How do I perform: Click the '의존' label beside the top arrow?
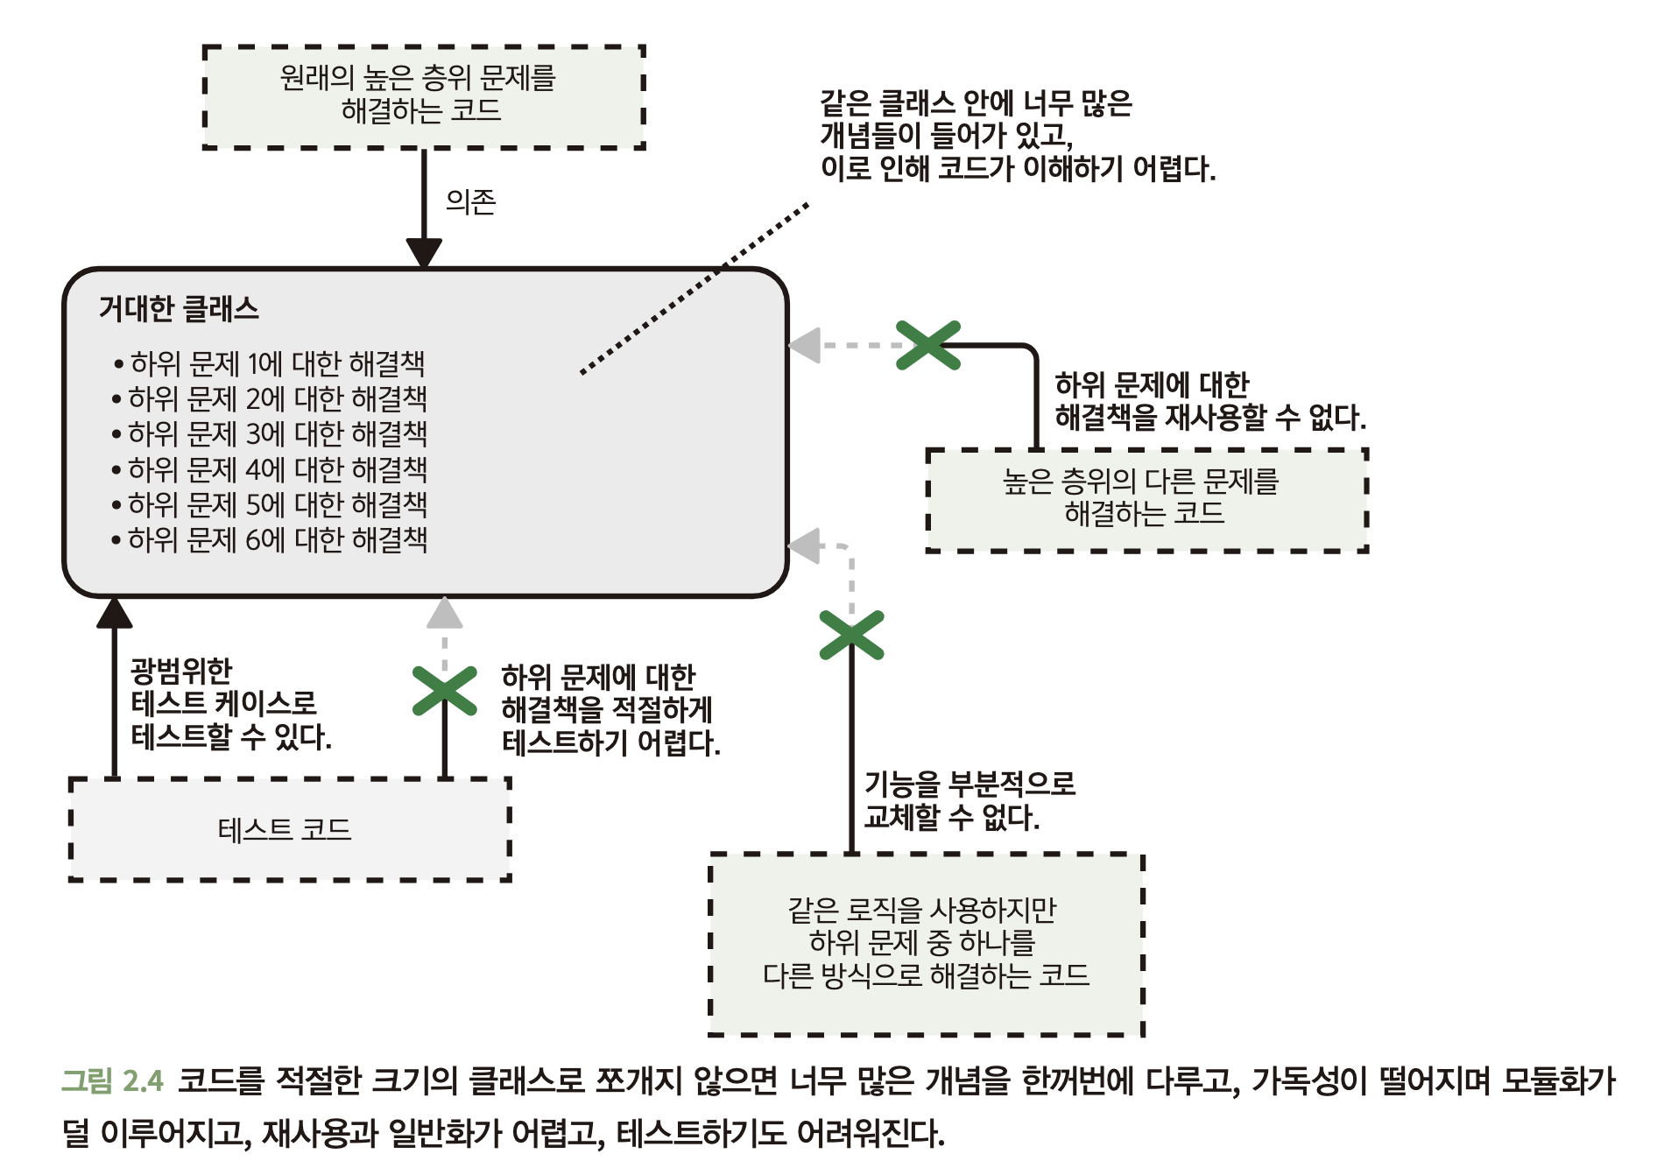coord(470,202)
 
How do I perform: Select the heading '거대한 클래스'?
coord(179,309)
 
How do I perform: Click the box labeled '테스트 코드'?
coord(289,829)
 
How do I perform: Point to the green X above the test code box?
coord(445,691)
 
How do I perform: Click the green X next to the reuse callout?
coord(928,345)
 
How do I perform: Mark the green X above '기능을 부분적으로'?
coord(851,635)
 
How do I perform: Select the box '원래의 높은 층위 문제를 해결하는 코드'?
coord(424,96)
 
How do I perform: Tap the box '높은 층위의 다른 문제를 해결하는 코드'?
coord(1146,500)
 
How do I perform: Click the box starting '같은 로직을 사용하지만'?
coord(926,944)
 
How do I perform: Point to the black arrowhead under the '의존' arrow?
coord(425,252)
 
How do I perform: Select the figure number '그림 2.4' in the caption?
coord(112,1080)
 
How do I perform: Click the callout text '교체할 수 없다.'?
coord(951,817)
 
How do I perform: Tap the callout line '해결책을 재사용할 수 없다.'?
coord(1209,417)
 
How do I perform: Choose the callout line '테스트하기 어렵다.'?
coord(610,742)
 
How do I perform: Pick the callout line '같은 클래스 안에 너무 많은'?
coord(976,103)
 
